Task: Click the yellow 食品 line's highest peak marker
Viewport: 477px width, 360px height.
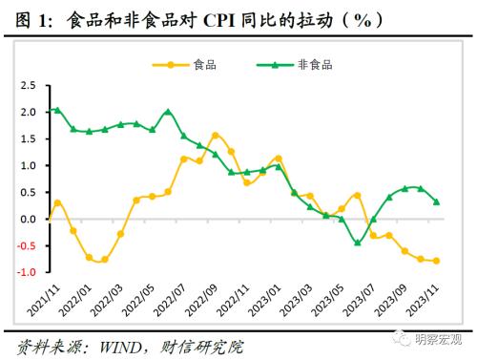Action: [216, 136]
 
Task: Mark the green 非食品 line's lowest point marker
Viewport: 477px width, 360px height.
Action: [358, 243]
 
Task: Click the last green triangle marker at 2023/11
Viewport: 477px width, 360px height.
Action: [437, 201]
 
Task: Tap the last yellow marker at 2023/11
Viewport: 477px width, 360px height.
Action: [437, 261]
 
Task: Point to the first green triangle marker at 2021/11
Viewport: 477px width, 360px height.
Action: [57, 110]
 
